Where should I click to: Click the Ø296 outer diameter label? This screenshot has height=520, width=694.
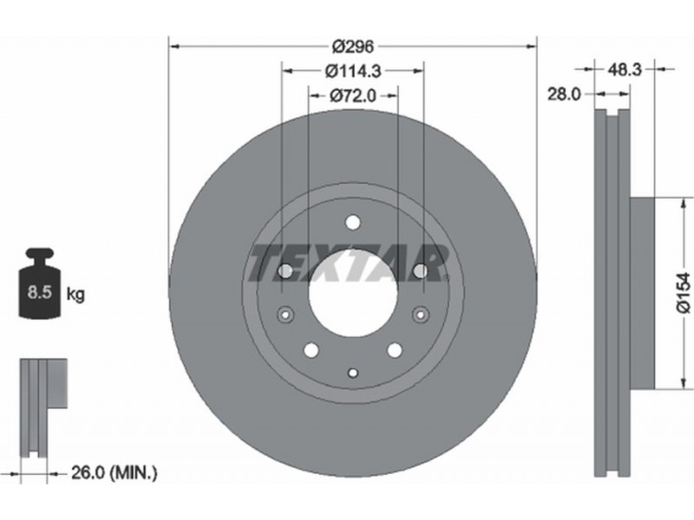tap(353, 46)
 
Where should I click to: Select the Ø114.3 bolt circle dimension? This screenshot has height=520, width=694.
tap(353, 71)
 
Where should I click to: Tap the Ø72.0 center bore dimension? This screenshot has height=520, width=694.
tap(353, 95)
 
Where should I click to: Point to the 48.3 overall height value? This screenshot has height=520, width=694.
tap(625, 69)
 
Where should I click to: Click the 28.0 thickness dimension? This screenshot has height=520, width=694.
tap(564, 94)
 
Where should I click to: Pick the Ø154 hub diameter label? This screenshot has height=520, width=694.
tap(683, 293)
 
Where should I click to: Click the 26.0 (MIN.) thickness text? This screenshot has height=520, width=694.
tap(115, 473)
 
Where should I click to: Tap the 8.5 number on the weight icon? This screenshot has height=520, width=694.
tap(40, 292)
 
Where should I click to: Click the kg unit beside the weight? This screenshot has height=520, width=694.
tap(75, 294)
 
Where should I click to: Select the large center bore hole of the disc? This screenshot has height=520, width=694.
tap(353, 296)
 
